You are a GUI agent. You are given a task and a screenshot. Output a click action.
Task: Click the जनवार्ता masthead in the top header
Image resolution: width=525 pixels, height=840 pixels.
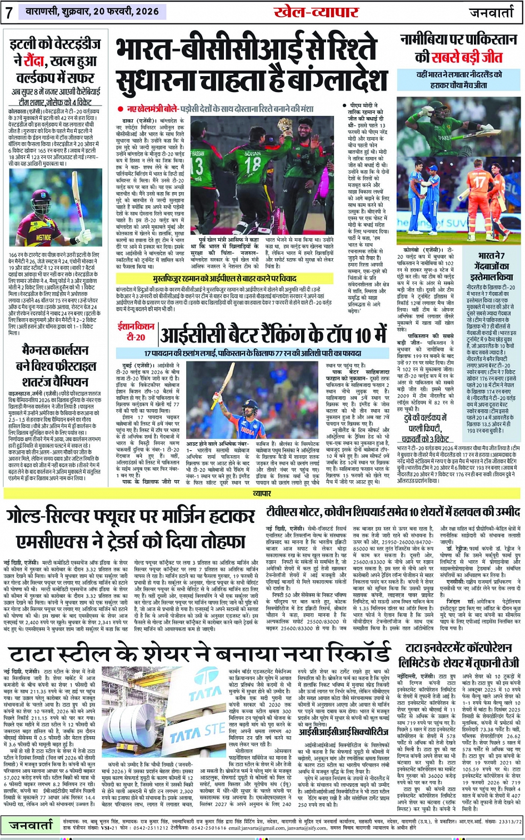tap(493, 13)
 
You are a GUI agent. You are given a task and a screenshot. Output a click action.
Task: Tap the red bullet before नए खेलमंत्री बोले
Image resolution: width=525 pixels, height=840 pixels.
tap(120, 109)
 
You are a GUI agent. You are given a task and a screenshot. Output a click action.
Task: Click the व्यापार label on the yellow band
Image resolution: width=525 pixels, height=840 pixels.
tap(262, 492)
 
